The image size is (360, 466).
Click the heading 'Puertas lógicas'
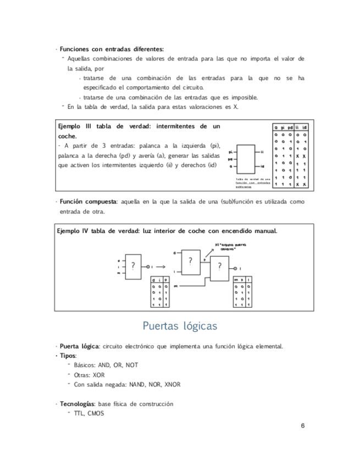tap(180, 326)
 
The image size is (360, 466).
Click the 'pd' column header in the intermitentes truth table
tap(290, 127)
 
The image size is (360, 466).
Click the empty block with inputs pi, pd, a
tap(245, 158)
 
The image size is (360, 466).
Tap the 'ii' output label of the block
tap(262, 151)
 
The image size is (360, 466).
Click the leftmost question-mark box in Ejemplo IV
tap(134, 265)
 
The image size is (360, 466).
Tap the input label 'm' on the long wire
tap(175, 286)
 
